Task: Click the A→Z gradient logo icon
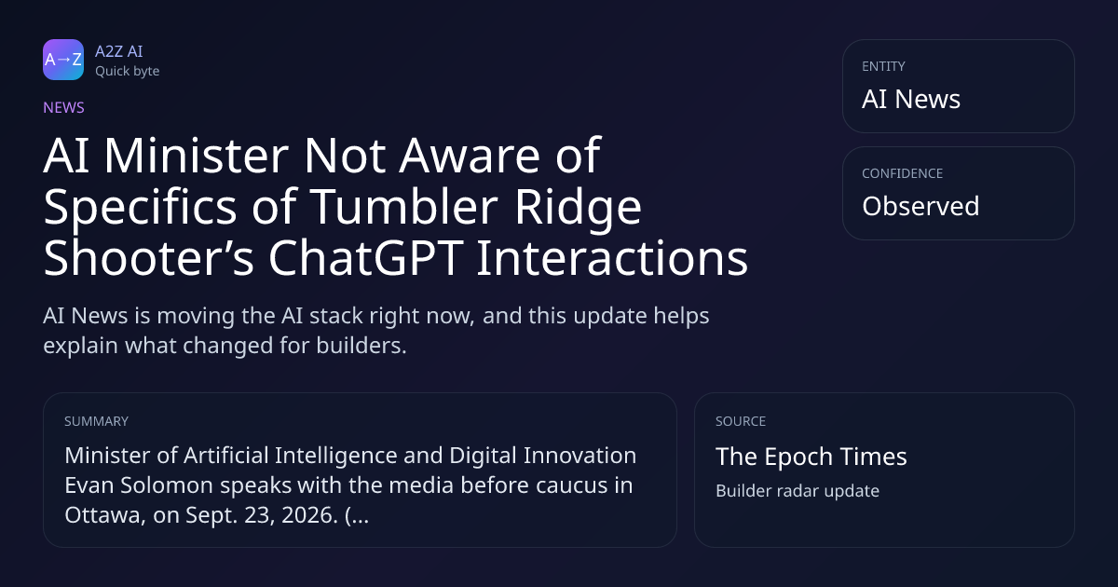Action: pyautogui.click(x=63, y=60)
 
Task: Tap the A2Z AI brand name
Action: pyautogui.click(x=119, y=51)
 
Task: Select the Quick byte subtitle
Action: pyautogui.click(x=128, y=72)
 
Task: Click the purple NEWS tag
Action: pyautogui.click(x=64, y=107)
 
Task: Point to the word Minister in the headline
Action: pyautogui.click(x=197, y=156)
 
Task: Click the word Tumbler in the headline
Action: pyautogui.click(x=404, y=207)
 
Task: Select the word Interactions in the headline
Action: pyautogui.click(x=612, y=258)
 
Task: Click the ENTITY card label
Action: pyautogui.click(x=883, y=66)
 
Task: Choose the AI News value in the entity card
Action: pyautogui.click(x=911, y=99)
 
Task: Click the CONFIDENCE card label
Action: pyautogui.click(x=903, y=173)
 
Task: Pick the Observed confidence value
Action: pyautogui.click(x=920, y=206)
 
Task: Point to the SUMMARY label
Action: pyautogui.click(x=96, y=421)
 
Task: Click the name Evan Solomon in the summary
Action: pyautogui.click(x=139, y=485)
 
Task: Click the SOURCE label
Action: pyautogui.click(x=741, y=421)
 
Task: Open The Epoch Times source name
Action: pyautogui.click(x=811, y=457)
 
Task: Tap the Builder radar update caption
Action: pyautogui.click(x=798, y=491)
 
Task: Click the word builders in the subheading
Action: pyautogui.click(x=361, y=346)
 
